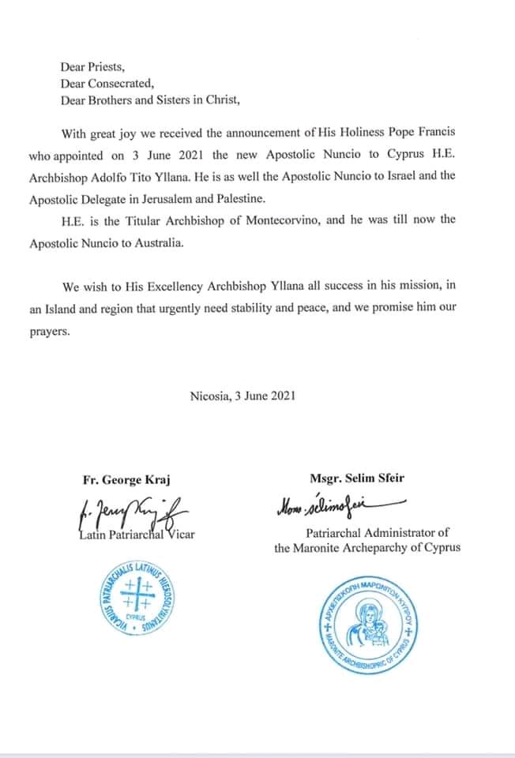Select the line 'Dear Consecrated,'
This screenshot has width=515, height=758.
point(103,84)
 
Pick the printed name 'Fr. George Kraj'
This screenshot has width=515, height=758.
point(126,479)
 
